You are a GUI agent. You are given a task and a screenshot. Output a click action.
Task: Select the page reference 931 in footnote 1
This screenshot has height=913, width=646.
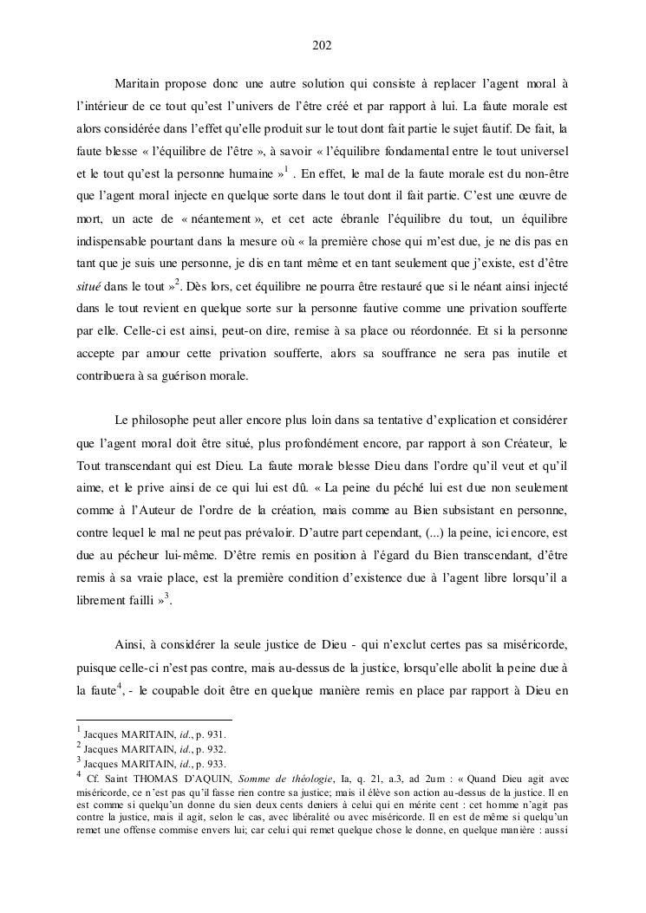(x=214, y=734)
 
